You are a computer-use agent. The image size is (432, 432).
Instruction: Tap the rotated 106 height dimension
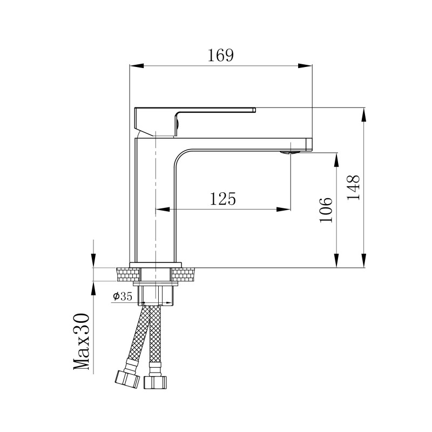pyautogui.click(x=326, y=210)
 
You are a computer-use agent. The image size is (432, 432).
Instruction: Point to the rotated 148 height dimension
pyautogui.click(x=353, y=187)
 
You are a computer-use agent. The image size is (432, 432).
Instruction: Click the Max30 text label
pyautogui.click(x=82, y=341)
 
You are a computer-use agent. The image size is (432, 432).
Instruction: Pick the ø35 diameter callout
pyautogui.click(x=123, y=296)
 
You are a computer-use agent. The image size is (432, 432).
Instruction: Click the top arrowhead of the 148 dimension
pyautogui.click(x=364, y=114)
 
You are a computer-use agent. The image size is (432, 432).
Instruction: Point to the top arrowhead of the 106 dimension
pyautogui.click(x=336, y=159)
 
